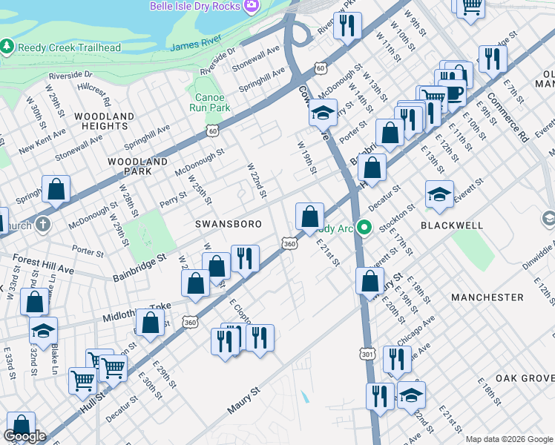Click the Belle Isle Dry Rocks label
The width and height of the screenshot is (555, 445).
point(195,6)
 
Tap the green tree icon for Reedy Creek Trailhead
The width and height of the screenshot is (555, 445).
point(7,47)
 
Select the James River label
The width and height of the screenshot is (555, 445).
point(197,46)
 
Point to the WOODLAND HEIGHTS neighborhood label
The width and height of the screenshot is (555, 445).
point(103,122)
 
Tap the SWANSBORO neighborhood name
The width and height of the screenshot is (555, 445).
point(220,222)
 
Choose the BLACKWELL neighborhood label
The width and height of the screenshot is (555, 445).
point(451,225)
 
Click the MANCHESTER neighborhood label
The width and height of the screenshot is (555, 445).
point(487,297)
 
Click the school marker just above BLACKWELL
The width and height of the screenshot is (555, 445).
point(439,195)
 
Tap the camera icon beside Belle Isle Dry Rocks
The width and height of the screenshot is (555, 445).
point(252,6)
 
